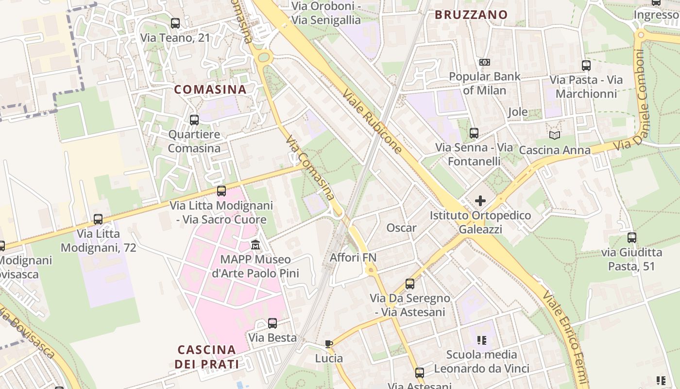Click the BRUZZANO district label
[471, 15]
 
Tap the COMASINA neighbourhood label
[210, 89]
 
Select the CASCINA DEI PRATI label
[207, 357]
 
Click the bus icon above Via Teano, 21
[175, 23]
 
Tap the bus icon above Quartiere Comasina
[194, 120]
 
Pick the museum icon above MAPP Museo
[255, 244]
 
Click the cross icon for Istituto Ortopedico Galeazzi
[480, 200]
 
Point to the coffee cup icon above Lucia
[329, 344]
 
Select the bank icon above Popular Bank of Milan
[484, 62]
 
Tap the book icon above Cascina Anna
[554, 135]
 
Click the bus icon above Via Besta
[272, 323]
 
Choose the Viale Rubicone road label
[373, 122]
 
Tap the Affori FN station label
[353, 257]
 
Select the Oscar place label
[401, 228]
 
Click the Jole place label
[518, 112]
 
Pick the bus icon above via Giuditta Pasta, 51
[632, 238]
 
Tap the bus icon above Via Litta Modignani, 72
[98, 219]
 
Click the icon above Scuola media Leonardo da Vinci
[482, 340]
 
